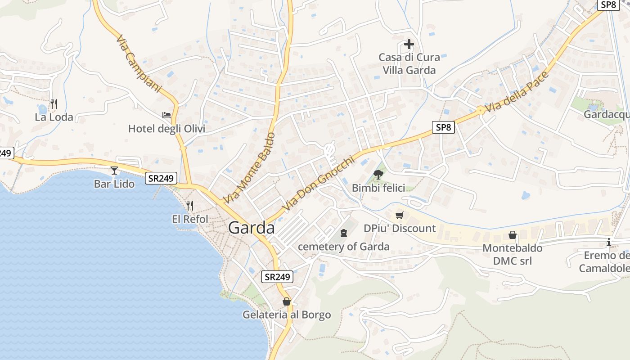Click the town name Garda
(x=251, y=228)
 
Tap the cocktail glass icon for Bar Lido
(x=114, y=171)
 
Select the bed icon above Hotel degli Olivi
(x=166, y=115)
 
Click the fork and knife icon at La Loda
(x=54, y=104)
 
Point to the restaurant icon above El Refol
(x=190, y=206)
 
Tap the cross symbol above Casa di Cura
(x=409, y=44)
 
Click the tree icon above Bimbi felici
(x=378, y=175)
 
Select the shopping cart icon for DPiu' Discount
(x=400, y=215)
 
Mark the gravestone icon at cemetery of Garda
(x=344, y=233)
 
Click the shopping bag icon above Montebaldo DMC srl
(x=512, y=235)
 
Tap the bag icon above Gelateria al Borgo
(x=287, y=301)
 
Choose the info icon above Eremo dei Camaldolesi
(x=609, y=242)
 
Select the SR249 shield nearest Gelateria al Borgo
(x=277, y=277)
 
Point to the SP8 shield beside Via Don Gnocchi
(x=443, y=127)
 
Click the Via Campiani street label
(x=138, y=63)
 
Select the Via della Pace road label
(x=517, y=92)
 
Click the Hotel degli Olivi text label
(x=166, y=129)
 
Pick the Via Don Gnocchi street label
(x=322, y=184)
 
